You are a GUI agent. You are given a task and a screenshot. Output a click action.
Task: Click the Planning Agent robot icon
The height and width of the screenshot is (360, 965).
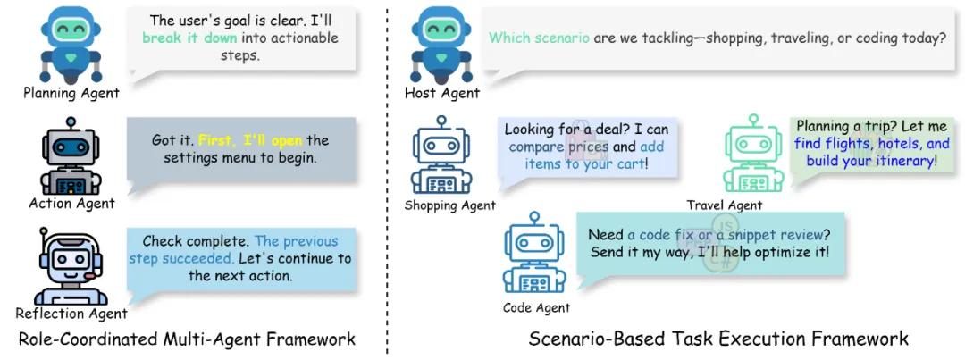[x=72, y=45]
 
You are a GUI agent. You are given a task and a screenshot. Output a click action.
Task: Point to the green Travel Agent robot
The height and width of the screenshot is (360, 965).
[x=752, y=158]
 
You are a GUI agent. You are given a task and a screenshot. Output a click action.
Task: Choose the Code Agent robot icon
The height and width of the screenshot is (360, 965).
[x=535, y=257]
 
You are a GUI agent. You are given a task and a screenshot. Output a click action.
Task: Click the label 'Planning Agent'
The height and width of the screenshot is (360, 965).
[x=71, y=93]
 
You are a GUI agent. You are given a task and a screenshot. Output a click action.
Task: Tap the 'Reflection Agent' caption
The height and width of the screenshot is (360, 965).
[x=71, y=314]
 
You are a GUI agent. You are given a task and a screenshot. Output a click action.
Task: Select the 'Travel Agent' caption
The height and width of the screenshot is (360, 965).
[x=725, y=205]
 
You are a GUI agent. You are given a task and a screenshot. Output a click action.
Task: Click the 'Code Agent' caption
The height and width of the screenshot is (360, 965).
[x=536, y=308]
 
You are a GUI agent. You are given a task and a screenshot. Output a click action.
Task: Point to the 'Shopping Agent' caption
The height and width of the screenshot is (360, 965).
[x=450, y=205]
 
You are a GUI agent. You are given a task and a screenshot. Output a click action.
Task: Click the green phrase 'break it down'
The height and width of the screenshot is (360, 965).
[x=190, y=38]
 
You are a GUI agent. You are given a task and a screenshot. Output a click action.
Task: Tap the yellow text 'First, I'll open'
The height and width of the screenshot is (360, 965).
[x=251, y=140]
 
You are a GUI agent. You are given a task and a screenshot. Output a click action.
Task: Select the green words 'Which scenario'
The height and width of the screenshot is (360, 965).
[x=539, y=38]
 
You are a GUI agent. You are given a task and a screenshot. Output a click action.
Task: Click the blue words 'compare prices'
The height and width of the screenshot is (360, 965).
[x=558, y=147]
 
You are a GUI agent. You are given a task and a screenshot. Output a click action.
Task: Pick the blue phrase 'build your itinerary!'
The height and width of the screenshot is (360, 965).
[x=872, y=161]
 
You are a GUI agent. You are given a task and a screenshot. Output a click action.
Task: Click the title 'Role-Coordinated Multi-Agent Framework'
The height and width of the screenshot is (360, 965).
[x=188, y=339]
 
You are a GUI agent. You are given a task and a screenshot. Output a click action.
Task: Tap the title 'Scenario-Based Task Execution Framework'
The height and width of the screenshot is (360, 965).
[x=718, y=339]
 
